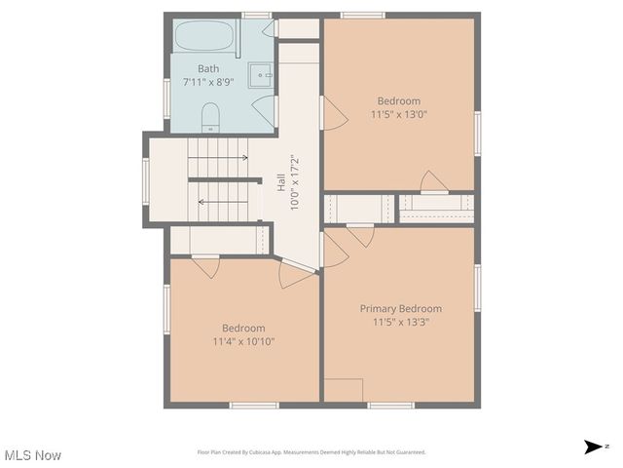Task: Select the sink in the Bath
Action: coord(262,74)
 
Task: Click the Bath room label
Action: coord(208,69)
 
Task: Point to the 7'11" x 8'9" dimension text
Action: coord(208,83)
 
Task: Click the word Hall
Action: coord(280,181)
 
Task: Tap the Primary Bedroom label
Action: coord(401,309)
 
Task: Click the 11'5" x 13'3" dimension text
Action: coord(401,322)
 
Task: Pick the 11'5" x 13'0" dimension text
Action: coord(399,114)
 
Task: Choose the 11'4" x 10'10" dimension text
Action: coord(243,342)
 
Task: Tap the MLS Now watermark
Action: coord(33,455)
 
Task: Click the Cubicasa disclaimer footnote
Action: coord(311,452)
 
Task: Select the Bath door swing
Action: coord(264,107)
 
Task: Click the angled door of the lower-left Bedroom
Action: coord(295,274)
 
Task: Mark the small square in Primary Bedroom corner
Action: coord(343,390)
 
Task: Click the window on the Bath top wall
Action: coord(256,15)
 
